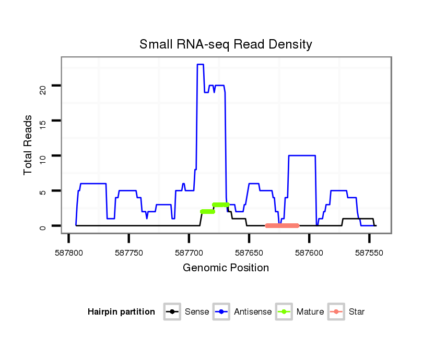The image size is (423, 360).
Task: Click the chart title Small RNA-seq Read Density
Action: pyautogui.click(x=226, y=44)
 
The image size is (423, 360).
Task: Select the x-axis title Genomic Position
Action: pyautogui.click(x=226, y=268)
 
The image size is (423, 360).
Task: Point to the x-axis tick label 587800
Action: pyautogui.click(x=69, y=252)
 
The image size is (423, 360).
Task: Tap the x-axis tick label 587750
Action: pyautogui.click(x=129, y=252)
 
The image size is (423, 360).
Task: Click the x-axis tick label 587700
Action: pyautogui.click(x=189, y=252)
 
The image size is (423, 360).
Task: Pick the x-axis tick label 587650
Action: pyautogui.click(x=249, y=252)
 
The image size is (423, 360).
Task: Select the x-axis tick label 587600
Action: pyautogui.click(x=309, y=252)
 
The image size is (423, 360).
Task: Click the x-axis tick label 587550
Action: pyautogui.click(x=369, y=252)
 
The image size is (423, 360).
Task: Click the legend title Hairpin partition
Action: pyautogui.click(x=122, y=312)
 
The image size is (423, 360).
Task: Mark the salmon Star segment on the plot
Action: pyautogui.click(x=282, y=225)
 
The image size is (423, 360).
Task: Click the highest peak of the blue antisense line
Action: pyautogui.click(x=200, y=65)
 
